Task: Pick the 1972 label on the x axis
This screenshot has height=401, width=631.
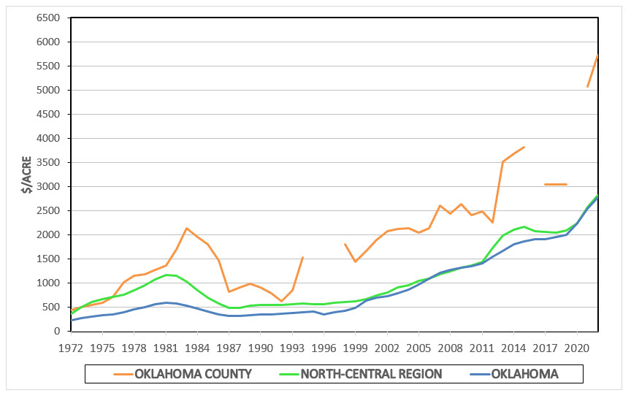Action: pos(71,346)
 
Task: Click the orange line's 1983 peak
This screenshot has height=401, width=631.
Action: pos(187,228)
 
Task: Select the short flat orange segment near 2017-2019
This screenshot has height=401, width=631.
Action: pos(556,184)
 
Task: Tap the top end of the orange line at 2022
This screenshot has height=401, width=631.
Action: pos(598,56)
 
